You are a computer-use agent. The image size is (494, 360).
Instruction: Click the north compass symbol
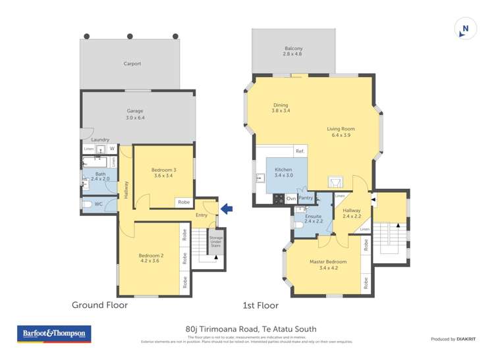(x=466, y=28)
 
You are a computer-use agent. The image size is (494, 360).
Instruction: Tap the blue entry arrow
(x=227, y=209)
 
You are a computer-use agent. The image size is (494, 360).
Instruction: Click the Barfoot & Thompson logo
(x=55, y=334)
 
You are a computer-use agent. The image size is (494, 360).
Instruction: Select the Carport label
(x=132, y=64)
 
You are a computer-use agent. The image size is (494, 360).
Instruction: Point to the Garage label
(x=135, y=115)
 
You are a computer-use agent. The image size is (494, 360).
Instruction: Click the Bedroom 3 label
(x=165, y=172)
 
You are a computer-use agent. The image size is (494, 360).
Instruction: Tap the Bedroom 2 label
(x=151, y=258)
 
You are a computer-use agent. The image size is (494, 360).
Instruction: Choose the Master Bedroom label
(x=327, y=264)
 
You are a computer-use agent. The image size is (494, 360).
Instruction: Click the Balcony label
(x=293, y=51)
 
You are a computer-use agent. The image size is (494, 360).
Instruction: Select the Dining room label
(x=281, y=108)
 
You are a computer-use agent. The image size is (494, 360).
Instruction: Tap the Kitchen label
(x=283, y=172)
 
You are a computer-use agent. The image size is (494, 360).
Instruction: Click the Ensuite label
(x=313, y=219)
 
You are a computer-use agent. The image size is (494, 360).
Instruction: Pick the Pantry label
(x=306, y=197)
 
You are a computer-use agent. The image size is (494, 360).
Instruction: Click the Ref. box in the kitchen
(x=300, y=151)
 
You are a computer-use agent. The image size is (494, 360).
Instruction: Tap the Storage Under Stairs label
(x=215, y=242)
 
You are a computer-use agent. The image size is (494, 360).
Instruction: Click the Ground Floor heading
(x=99, y=305)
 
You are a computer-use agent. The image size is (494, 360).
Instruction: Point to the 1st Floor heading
(x=260, y=305)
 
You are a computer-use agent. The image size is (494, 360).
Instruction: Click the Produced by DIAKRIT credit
(x=454, y=339)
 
